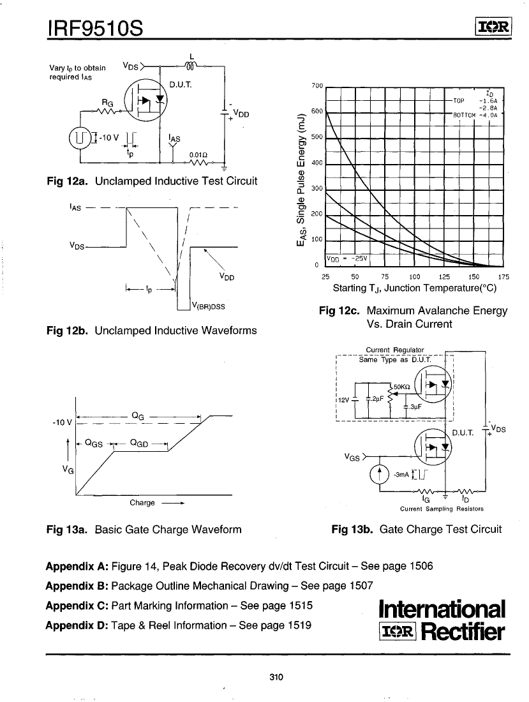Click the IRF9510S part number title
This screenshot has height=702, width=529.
[x=94, y=28]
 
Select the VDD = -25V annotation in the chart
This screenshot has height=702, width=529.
[x=345, y=258]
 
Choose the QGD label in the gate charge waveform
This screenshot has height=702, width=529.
[x=140, y=442]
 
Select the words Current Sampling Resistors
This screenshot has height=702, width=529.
[x=442, y=509]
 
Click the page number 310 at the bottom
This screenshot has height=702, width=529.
[x=276, y=677]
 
